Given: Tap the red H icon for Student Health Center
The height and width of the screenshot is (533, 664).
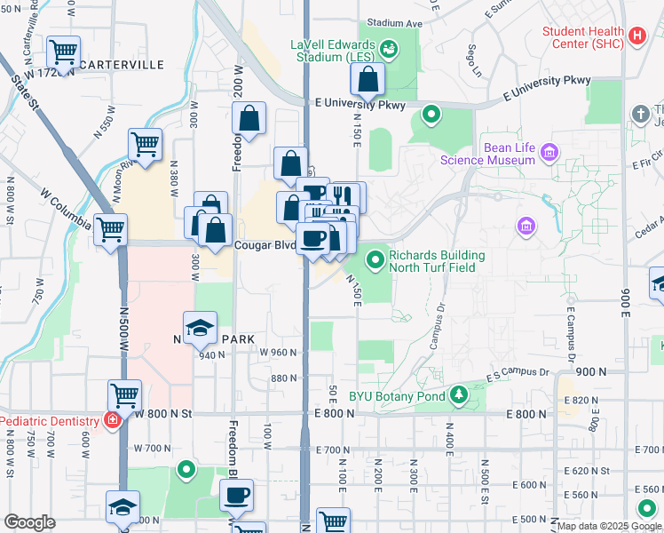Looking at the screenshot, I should click(636, 36).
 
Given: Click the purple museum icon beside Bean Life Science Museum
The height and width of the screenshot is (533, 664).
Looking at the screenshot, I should click(549, 153).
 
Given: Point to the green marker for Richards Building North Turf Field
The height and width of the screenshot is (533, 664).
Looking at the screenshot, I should click(375, 260).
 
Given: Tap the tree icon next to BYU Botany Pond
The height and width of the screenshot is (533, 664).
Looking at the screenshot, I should click(458, 394).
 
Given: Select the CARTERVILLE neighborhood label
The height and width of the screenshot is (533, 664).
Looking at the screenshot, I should click(122, 65).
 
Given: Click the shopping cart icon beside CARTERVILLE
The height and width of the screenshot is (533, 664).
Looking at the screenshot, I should click(63, 53).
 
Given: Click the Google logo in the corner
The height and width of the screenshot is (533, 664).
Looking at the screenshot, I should click(29, 522).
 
